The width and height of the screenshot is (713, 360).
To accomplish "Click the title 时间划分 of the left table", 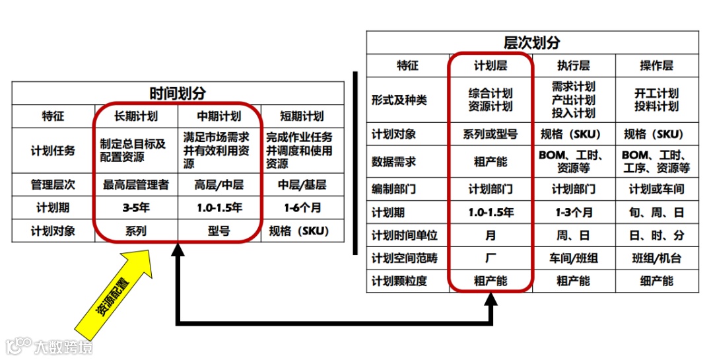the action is [x=177, y=93].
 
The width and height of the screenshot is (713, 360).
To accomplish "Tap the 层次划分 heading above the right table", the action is [x=531, y=43].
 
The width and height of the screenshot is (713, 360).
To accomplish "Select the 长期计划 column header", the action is [x=136, y=116].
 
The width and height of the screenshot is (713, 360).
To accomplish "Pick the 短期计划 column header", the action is [x=302, y=116].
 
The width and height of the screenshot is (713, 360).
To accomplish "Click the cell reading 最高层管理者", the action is [x=136, y=184].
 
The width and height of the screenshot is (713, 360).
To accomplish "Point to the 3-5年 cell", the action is [x=136, y=207].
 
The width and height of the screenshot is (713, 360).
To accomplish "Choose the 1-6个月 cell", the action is [x=302, y=207].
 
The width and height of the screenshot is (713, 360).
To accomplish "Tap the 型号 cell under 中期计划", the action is [x=219, y=231].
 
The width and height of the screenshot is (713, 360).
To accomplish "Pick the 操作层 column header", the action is [x=656, y=65].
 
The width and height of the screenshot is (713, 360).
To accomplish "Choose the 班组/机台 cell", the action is [x=656, y=258].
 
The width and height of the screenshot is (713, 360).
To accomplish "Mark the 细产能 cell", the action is [x=656, y=281].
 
